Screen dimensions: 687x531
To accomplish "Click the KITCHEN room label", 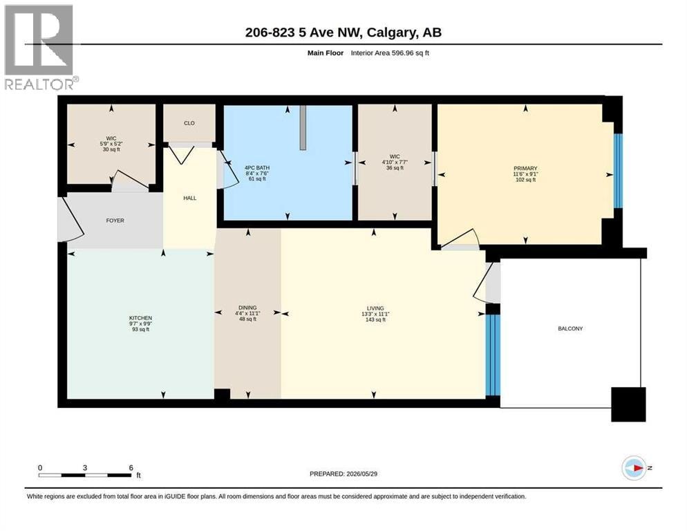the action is tap(140, 318).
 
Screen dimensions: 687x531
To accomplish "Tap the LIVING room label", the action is tap(375, 308).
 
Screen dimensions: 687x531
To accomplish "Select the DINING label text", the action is tap(247, 308).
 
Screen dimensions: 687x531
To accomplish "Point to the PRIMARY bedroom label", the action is tap(525, 169).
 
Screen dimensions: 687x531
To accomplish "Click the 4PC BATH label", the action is tap(257, 168).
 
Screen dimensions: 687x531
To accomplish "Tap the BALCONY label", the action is tap(570, 328).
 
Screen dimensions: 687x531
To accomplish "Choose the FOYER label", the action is tap(115, 221).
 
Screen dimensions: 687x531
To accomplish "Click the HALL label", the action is tap(189, 198).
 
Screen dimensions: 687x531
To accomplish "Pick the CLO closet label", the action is tap(189, 123).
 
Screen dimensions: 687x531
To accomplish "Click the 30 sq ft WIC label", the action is tap(111, 138).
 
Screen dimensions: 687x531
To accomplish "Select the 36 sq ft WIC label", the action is tap(395, 156).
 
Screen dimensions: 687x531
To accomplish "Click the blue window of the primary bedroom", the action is tap(618, 171).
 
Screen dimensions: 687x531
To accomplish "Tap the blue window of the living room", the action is tap(493, 355).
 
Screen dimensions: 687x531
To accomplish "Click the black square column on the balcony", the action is tap(628, 404).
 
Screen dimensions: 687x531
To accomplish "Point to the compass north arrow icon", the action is tap(634, 468).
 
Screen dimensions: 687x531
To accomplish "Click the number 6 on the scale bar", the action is tap(131, 468).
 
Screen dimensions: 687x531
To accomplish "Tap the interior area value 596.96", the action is tap(403, 53).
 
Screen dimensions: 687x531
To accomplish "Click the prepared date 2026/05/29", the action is tap(362, 474).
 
